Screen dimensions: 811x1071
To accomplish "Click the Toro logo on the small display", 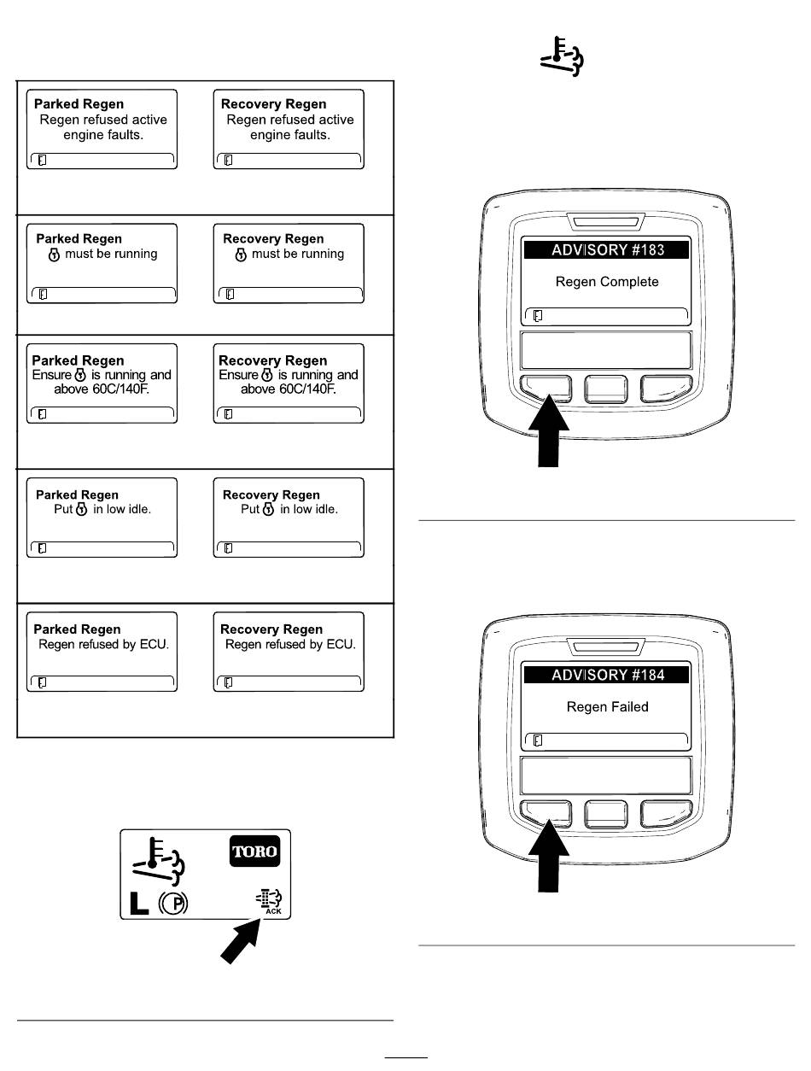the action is [x=254, y=851].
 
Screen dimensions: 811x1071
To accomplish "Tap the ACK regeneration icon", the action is [x=269, y=901].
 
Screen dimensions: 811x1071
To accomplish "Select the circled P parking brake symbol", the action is [x=173, y=903].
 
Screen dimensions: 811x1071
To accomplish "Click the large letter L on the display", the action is [x=139, y=903].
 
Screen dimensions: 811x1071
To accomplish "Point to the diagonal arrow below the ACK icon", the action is [x=241, y=940].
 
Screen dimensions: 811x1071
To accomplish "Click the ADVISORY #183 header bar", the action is [x=606, y=250].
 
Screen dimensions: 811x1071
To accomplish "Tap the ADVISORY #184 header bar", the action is [x=606, y=675].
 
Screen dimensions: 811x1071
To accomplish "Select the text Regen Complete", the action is [x=607, y=282].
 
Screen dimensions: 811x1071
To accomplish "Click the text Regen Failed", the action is [x=607, y=707].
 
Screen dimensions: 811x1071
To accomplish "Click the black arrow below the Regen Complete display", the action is [x=549, y=430].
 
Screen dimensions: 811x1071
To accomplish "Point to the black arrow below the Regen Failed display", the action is [x=549, y=855].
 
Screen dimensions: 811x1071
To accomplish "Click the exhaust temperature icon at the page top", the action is [x=562, y=56].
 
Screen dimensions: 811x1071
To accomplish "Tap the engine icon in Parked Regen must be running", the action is [x=54, y=255].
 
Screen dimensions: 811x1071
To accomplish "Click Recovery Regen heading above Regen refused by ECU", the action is [x=271, y=629].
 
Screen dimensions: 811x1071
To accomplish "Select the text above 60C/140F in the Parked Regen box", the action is [x=102, y=389].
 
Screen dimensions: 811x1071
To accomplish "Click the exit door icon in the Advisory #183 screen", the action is [x=538, y=316].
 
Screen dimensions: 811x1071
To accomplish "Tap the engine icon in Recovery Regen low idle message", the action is [x=268, y=509].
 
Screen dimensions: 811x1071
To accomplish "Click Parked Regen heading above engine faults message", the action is [x=79, y=104].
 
